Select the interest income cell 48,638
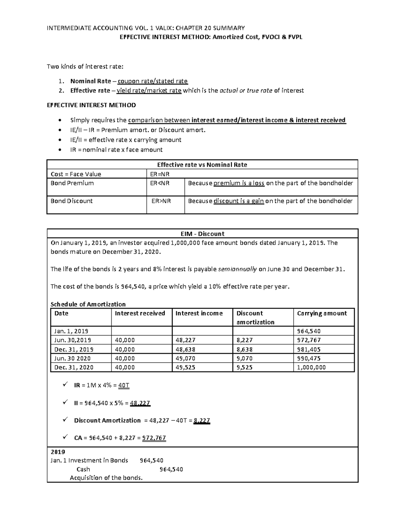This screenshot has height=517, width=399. pos(185,350)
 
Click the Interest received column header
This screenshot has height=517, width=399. pos(140,313)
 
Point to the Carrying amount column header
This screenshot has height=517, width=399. pos(322,313)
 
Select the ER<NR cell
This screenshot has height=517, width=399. pos(160,183)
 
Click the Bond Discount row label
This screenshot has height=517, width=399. pos(71,201)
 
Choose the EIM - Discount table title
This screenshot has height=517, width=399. pos(202,234)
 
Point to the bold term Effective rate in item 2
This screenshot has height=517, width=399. pos(90,91)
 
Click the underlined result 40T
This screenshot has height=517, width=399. pos(124,386)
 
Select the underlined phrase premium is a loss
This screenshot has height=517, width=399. pos(239,183)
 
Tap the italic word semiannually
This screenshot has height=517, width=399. pos(237,269)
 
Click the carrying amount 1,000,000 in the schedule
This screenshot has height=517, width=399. pos(311,368)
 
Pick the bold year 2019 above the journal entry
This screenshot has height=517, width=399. pos(58,452)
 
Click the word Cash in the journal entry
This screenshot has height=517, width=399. pos(83,469)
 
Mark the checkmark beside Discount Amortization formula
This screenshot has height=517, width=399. pos(65,419)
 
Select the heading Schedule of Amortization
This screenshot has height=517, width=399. pos(88,304)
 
